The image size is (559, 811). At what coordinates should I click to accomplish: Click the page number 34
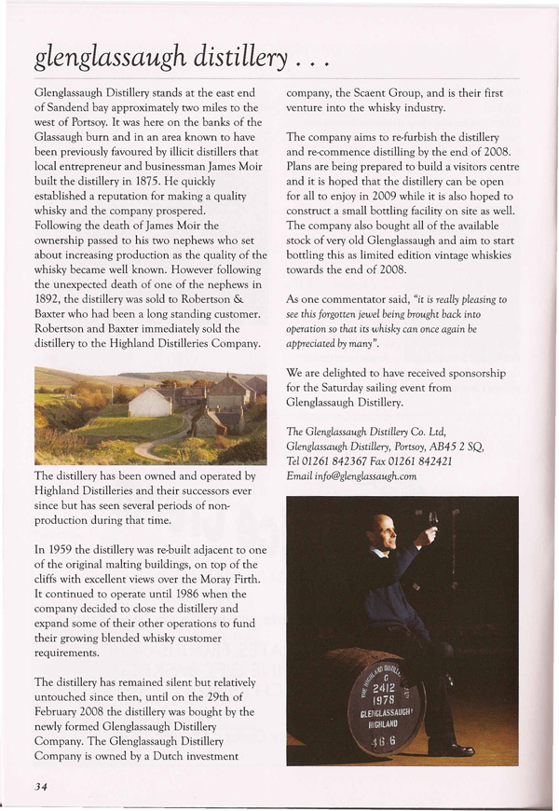(x=40, y=787)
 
